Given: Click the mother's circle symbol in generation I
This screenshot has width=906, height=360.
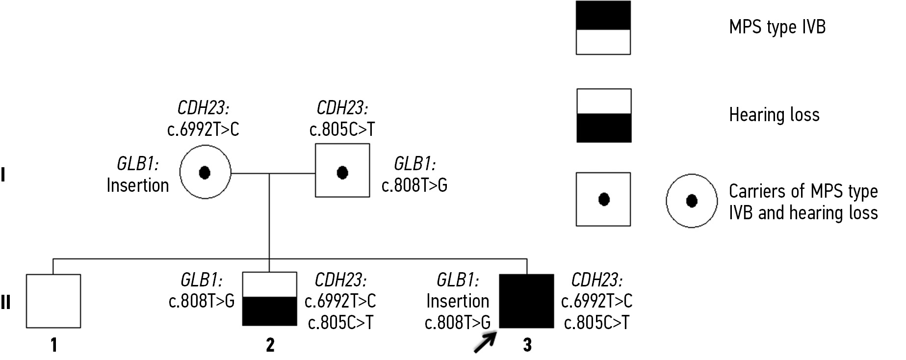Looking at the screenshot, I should tap(205, 172).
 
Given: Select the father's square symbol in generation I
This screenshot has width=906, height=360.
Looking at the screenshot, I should tap(342, 171).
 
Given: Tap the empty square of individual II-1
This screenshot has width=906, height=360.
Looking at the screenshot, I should tap(53, 301).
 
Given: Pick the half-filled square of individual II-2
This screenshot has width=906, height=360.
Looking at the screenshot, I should tap(270, 299).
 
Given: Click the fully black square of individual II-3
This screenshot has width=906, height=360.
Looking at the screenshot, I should tap(526, 301).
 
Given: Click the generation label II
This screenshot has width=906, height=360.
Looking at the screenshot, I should tap(5, 303).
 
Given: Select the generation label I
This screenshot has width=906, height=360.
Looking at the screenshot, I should tap(3, 175).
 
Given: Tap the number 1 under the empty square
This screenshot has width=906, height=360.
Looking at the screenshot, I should tap(54, 345).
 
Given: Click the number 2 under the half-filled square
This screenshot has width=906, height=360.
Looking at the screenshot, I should tap(270, 345).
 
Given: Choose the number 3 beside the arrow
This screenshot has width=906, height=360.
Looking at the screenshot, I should tap(527, 345).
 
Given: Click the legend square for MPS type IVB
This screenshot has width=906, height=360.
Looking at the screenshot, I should tap(603, 27).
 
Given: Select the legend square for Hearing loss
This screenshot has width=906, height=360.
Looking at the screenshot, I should tap(603, 116).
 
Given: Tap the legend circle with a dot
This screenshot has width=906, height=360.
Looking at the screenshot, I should tap(692, 201).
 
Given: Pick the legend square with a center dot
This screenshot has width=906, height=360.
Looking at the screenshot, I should tap(603, 199).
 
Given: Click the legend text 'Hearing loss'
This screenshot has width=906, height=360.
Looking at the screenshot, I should tap(774, 115).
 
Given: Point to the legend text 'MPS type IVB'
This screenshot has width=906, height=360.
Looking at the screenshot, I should tap(777, 26).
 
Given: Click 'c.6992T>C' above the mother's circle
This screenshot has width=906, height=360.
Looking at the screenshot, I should tap(203, 129).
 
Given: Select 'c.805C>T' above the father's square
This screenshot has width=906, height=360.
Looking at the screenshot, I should tap(342, 129).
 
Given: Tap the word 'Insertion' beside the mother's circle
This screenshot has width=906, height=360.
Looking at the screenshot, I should tap(138, 185).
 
